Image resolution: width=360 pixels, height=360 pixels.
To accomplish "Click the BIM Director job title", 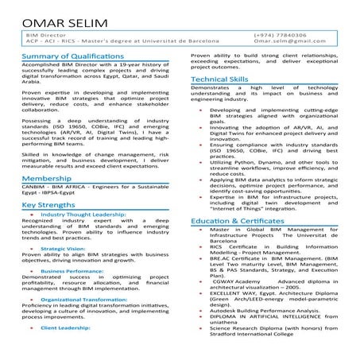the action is point(46,36).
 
